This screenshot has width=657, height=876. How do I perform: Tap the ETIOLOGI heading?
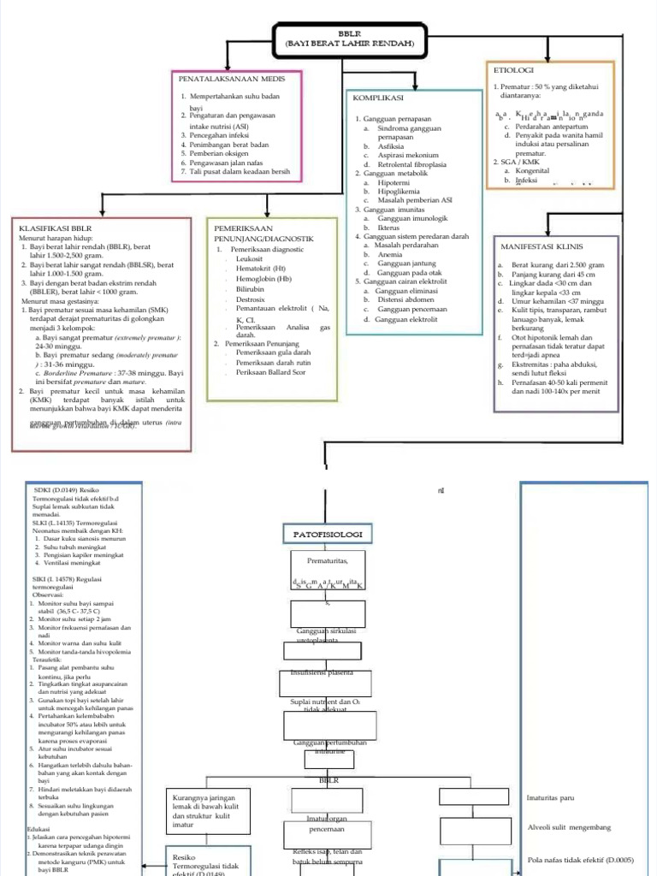point(512,69)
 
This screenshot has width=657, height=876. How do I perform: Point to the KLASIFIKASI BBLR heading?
point(55,228)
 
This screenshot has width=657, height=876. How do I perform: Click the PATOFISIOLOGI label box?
point(328,535)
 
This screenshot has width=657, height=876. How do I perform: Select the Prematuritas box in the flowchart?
point(328,560)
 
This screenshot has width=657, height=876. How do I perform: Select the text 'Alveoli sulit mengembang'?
point(577,827)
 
